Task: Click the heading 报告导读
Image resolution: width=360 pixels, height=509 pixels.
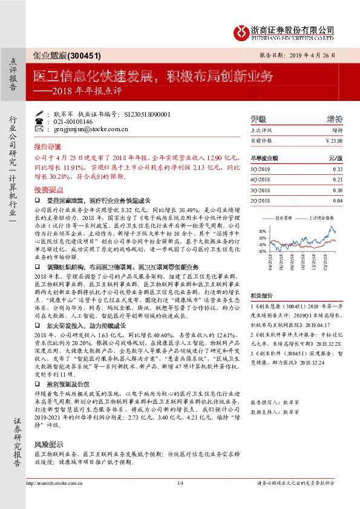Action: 47,147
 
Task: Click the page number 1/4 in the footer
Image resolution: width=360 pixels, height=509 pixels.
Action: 180,484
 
